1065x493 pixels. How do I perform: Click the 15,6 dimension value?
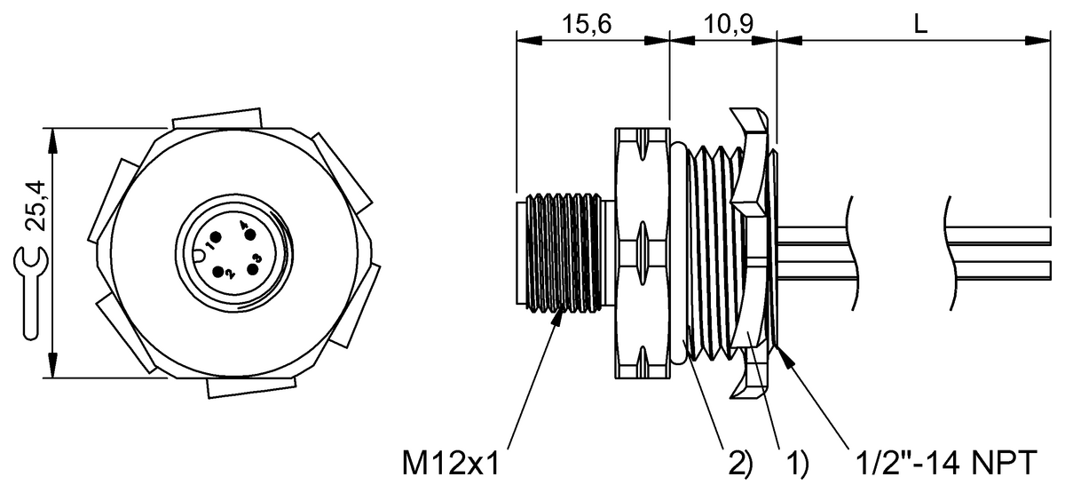pyautogui.click(x=587, y=24)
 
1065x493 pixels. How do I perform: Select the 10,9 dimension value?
pyautogui.click(x=728, y=24)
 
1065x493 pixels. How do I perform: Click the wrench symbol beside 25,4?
pyautogui.click(x=30, y=293)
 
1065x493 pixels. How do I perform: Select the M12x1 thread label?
pyautogui.click(x=451, y=463)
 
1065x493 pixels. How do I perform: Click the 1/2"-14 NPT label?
pyautogui.click(x=946, y=463)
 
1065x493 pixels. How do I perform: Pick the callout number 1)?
pyautogui.click(x=796, y=464)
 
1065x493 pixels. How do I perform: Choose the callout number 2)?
pyautogui.click(x=741, y=464)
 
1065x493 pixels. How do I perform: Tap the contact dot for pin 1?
pyautogui.click(x=216, y=237)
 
